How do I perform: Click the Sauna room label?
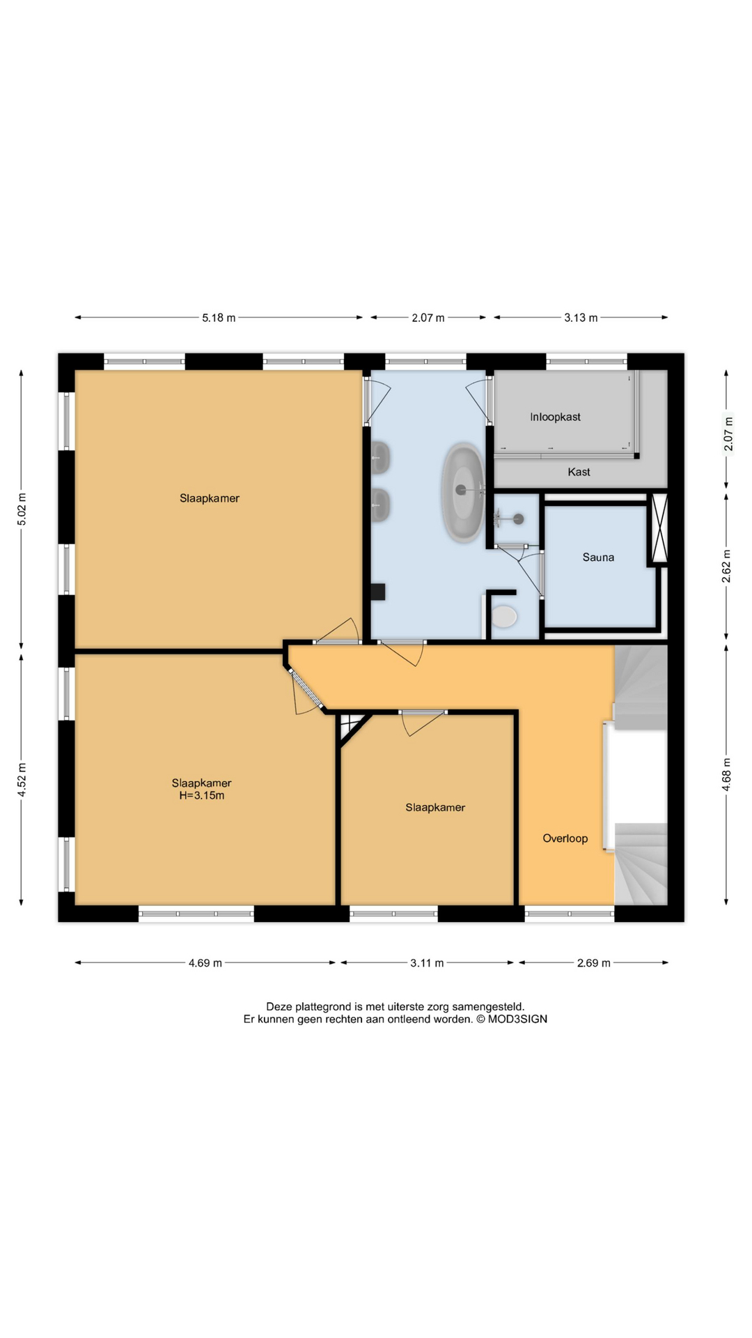pyautogui.click(x=598, y=557)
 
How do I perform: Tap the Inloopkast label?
pyautogui.click(x=555, y=417)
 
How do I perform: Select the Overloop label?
pyautogui.click(x=565, y=838)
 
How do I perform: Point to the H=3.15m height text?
pyautogui.click(x=202, y=795)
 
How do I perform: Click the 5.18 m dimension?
pyautogui.click(x=219, y=318)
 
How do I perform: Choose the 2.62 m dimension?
pyautogui.click(x=726, y=567)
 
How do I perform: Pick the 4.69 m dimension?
pyautogui.click(x=205, y=963)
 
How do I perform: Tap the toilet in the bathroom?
pyautogui.click(x=503, y=616)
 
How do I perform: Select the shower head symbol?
pyautogui.click(x=517, y=518)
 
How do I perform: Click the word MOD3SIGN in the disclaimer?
pyautogui.click(x=517, y=1019)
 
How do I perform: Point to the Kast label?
pyautogui.click(x=579, y=472)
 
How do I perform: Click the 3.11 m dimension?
pyautogui.click(x=427, y=963)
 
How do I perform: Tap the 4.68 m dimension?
pyautogui.click(x=726, y=774)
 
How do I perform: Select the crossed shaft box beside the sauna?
pyautogui.click(x=659, y=528)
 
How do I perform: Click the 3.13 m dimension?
pyautogui.click(x=581, y=318)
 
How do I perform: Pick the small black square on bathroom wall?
pyautogui.click(x=378, y=592)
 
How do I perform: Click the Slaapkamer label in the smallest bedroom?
pyautogui.click(x=435, y=808)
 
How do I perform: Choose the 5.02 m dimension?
pyautogui.click(x=22, y=509)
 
